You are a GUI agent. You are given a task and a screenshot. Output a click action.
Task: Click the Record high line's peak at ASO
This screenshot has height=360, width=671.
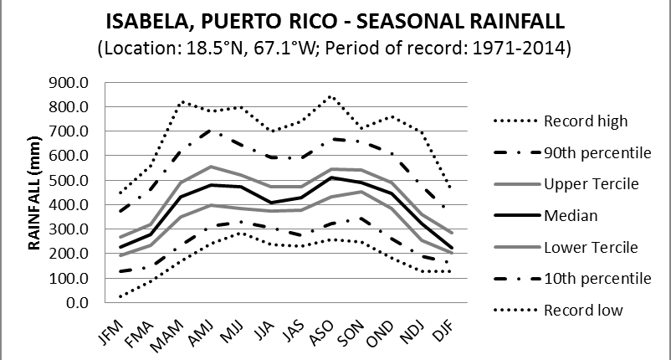coord(332,96)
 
